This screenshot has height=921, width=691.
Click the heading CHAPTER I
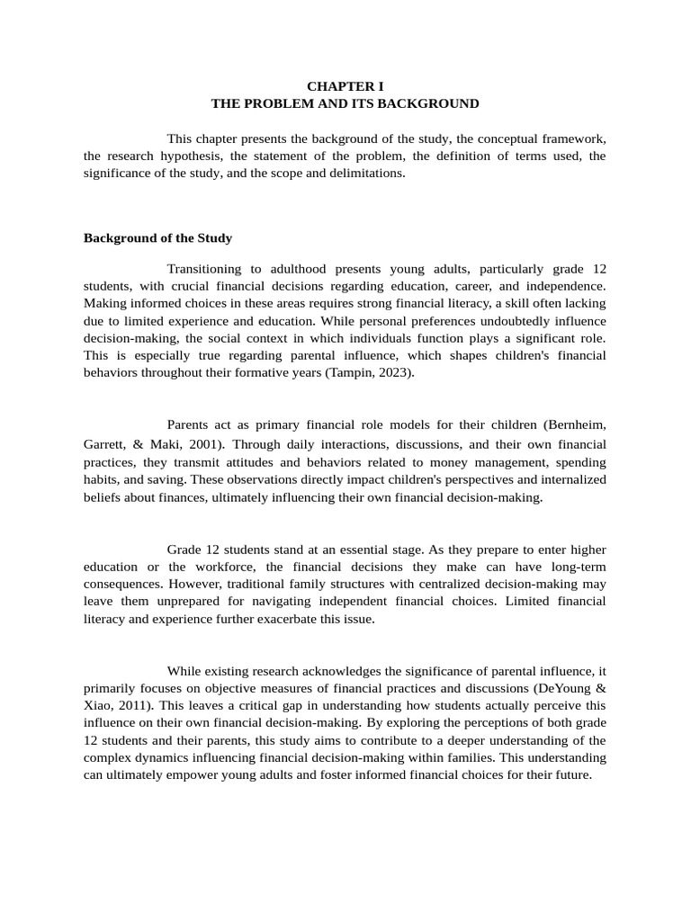(x=345, y=86)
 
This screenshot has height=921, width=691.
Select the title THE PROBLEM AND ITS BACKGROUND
(x=345, y=103)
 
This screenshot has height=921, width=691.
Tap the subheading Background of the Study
(x=157, y=238)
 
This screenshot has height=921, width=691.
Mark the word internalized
(x=571, y=479)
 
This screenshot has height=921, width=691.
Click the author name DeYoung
(x=562, y=688)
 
